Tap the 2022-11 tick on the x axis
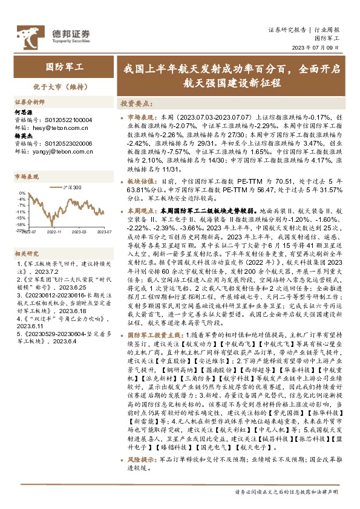point(55,232)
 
